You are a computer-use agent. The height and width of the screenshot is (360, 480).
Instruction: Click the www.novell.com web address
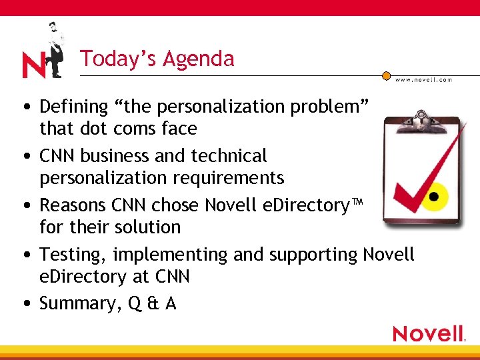[423, 79]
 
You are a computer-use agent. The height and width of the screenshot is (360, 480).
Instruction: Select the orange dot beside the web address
[387, 76]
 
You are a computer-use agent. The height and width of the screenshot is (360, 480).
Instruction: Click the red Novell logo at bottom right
[428, 333]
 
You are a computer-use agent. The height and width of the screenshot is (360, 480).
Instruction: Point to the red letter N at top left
[33, 65]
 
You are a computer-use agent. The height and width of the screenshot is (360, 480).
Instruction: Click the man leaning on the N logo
[54, 49]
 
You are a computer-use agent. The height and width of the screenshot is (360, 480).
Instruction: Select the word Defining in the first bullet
[73, 107]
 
